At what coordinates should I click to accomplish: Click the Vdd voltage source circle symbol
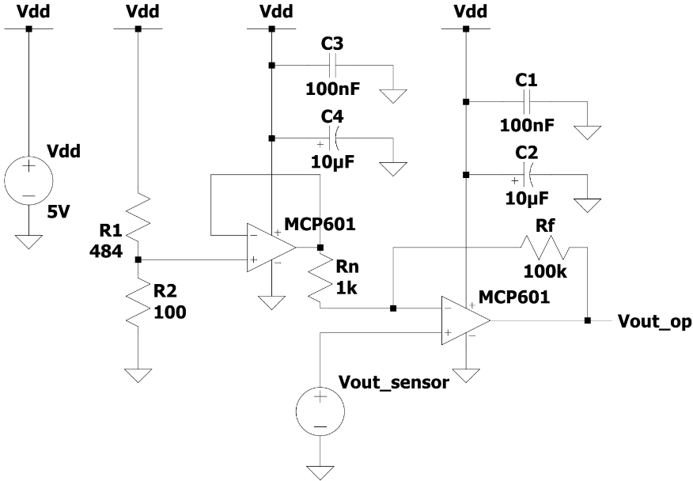(28, 180)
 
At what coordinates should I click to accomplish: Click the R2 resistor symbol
(138, 302)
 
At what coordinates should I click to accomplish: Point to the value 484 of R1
(104, 251)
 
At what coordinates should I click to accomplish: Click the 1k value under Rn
(346, 289)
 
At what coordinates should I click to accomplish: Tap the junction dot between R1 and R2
(138, 259)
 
